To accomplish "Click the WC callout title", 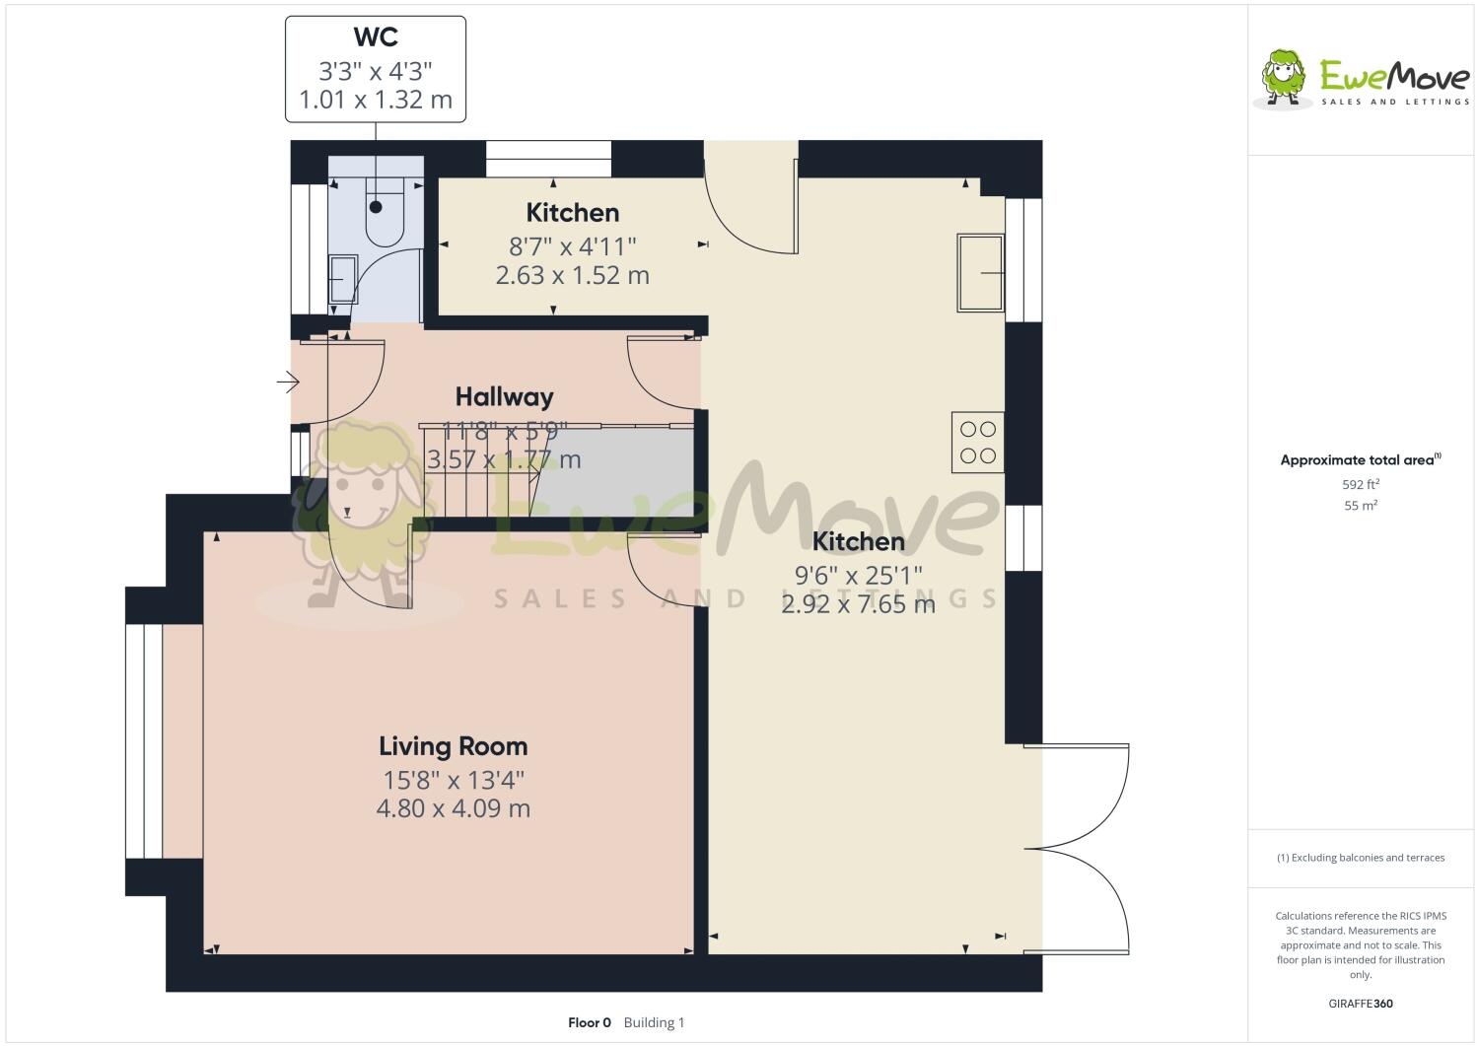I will (x=376, y=37).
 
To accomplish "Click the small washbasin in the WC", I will (x=342, y=280).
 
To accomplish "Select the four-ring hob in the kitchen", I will (x=977, y=442).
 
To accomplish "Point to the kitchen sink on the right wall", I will (x=979, y=273).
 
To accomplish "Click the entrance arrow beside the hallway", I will (x=287, y=381).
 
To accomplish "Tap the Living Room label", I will (x=454, y=746).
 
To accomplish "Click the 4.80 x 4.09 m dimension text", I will (x=454, y=808).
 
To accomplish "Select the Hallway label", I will (x=504, y=396).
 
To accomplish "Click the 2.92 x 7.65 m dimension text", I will (x=858, y=604).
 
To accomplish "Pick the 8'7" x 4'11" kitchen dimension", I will (x=572, y=244).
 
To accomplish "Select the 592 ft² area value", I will (x=1361, y=484).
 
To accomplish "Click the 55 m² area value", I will (x=1361, y=506).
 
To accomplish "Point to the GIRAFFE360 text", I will (x=1361, y=1004).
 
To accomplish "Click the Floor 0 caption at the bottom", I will (x=590, y=1022).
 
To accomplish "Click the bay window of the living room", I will (x=145, y=741).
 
